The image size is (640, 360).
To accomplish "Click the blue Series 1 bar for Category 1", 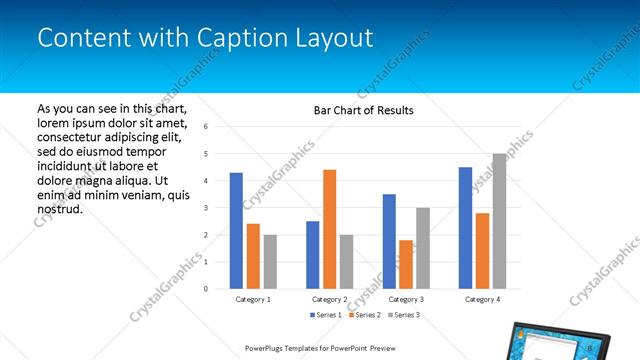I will tap(236, 230).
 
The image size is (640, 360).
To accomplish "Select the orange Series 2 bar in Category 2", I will tap(329, 229).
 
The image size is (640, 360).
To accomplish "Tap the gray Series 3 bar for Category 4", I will tap(499, 221).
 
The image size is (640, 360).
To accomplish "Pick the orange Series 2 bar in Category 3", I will tap(406, 264).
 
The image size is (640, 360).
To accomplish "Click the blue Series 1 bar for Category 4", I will tap(465, 227).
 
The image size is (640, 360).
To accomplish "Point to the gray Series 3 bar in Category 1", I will tap(270, 261).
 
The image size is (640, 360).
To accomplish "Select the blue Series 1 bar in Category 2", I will tap(312, 254).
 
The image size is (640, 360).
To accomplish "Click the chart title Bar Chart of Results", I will tap(356, 110).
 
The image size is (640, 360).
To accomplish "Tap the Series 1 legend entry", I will tap(325, 315).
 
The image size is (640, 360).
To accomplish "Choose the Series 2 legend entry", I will tap(363, 315).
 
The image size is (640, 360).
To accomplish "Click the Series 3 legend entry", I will tap(402, 315).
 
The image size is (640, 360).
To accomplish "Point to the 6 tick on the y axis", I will tap(205, 127).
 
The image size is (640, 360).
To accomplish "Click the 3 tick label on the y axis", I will tap(205, 208).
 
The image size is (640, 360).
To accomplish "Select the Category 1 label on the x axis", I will tap(253, 299).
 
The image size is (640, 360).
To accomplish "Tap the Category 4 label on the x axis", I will tap(482, 299).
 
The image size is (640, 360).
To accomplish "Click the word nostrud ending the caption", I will tap(59, 210).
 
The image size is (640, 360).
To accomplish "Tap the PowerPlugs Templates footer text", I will tap(319, 349).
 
